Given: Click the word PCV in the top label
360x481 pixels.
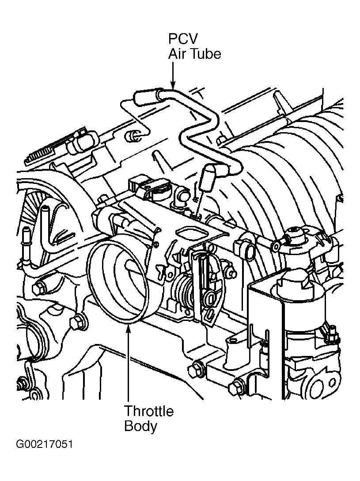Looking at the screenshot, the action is coord(183,39).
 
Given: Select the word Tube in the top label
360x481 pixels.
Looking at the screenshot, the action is coord(206,54).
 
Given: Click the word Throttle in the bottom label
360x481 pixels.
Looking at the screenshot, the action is coord(149,411).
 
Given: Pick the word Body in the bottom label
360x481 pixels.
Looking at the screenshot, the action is coord(140,426).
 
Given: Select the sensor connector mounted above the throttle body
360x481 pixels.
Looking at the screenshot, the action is coord(144,186).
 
